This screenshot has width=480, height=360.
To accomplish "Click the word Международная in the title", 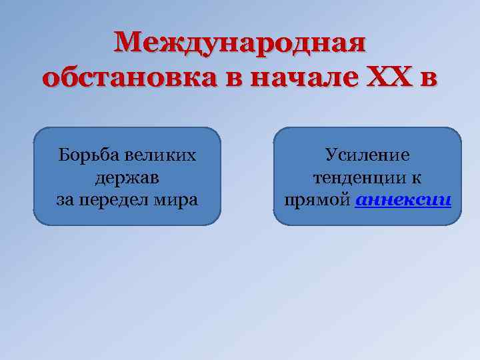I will [x=240, y=45].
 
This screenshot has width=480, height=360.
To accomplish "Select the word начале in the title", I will [x=308, y=78].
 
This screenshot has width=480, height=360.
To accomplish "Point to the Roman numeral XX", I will [x=390, y=77].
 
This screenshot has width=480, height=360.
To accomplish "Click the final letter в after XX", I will [x=428, y=79].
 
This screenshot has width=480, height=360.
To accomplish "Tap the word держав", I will [x=127, y=177].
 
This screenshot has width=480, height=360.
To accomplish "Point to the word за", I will [x=65, y=199].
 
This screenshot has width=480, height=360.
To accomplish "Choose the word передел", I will [x=111, y=200].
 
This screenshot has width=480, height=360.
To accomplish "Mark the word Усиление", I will [x=367, y=155].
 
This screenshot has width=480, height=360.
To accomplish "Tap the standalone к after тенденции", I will [x=417, y=178].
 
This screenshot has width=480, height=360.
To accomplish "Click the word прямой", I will [x=317, y=200].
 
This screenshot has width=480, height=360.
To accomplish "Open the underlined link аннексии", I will [x=403, y=200].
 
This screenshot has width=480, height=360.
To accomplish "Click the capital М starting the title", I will [x=127, y=45].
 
